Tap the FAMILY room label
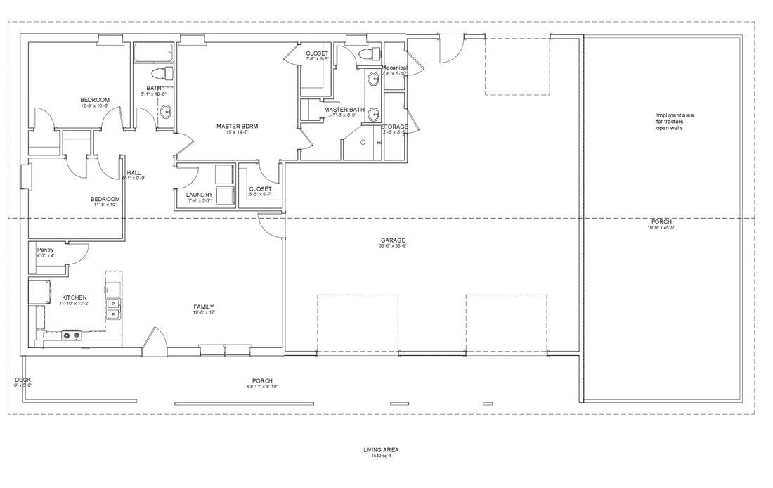204,307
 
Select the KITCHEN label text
74,297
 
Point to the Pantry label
46,250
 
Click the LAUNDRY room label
200,195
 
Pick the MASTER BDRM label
237,126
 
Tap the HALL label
134,172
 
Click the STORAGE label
395,127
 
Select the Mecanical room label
394,68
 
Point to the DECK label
22,380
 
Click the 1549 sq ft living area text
381,456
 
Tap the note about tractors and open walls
669,121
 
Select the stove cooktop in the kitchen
70,335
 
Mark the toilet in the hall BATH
161,72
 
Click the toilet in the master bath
367,55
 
